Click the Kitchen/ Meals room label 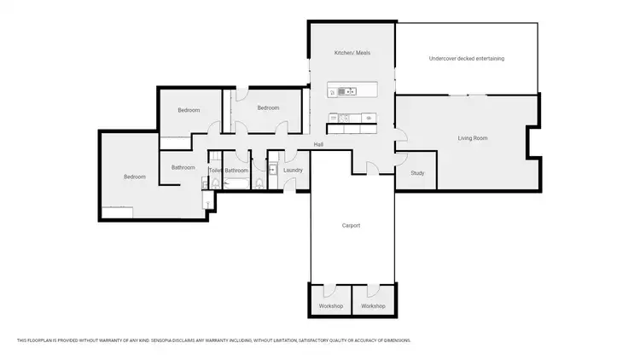click(352, 54)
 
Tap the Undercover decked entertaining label click(466, 59)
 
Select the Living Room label click(472, 137)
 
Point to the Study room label click(417, 173)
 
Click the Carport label click(351, 225)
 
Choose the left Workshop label click(331, 306)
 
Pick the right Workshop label click(373, 306)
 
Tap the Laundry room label click(293, 171)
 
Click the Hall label click(317, 144)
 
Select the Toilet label click(215, 171)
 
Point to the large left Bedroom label click(135, 177)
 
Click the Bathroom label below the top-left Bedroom click(183, 167)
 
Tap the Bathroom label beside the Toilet click(236, 171)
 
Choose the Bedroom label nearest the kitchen click(269, 107)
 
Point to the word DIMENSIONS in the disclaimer click(394, 340)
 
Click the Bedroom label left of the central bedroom click(189, 110)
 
